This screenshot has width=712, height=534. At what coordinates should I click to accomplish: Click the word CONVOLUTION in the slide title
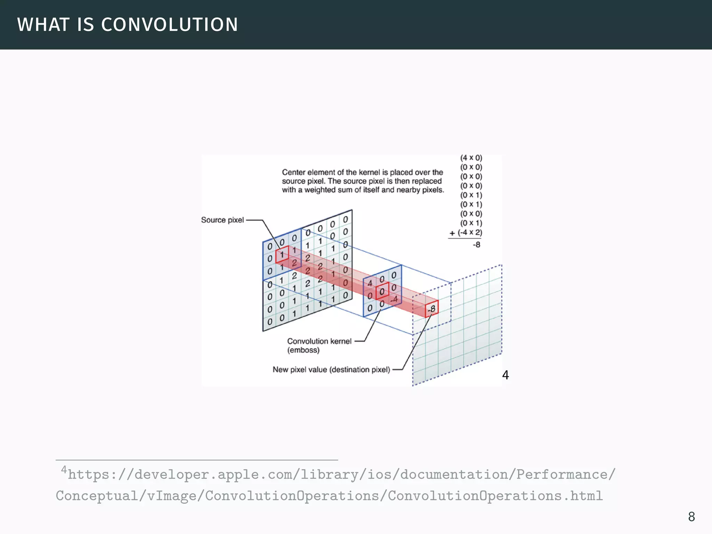169,25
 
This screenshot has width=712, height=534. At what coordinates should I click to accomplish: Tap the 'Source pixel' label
222,220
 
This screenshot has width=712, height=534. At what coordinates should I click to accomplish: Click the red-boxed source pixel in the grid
282,254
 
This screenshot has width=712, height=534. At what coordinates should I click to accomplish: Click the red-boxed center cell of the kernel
382,291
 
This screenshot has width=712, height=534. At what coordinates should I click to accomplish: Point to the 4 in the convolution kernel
370,283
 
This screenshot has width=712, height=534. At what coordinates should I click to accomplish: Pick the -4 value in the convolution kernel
394,299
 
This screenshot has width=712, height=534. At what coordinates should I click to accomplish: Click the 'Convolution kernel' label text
319,341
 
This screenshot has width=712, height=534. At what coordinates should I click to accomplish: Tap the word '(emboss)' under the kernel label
303,350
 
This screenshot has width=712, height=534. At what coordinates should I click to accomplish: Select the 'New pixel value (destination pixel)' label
331,370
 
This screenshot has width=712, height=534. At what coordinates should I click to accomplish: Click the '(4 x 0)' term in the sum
471,158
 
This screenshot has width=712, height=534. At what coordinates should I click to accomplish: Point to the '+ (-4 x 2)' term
466,233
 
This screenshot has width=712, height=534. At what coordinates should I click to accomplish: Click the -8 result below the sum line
476,245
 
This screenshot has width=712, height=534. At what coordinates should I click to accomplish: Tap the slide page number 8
691,517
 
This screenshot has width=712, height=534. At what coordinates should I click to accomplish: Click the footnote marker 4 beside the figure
505,375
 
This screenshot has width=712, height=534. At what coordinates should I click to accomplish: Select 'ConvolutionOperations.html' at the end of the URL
495,496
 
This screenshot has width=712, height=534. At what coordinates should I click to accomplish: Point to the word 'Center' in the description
293,172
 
